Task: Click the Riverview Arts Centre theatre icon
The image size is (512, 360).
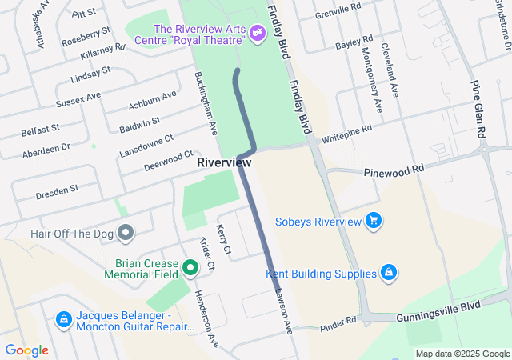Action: (257, 32)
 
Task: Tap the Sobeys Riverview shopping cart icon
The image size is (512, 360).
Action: (373, 221)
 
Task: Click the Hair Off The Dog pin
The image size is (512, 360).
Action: (125, 233)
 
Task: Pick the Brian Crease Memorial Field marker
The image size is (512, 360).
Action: (190, 267)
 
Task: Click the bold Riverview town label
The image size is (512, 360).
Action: (224, 162)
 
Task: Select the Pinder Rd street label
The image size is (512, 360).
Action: (338, 322)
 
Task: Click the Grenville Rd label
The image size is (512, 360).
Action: (338, 13)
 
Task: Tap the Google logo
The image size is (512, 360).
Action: (26, 350)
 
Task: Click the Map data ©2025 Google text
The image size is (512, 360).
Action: (462, 354)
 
